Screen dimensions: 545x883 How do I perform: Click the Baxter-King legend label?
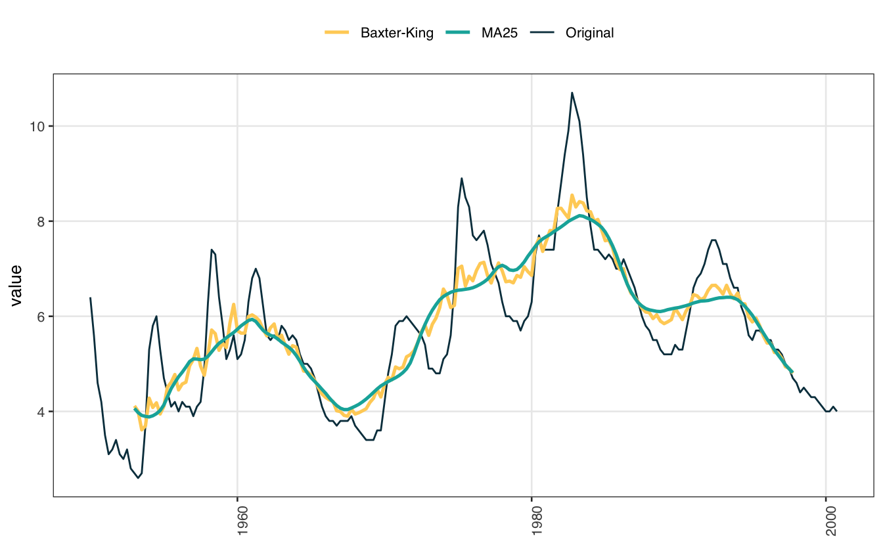coord(397,33)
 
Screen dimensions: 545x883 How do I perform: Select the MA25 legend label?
coord(499,33)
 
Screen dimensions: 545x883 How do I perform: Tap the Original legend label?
coord(589,33)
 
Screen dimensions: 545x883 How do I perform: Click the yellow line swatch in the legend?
coord(338,33)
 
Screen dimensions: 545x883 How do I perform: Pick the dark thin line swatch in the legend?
coord(545,33)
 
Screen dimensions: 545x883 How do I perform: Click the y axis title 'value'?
coord(16,286)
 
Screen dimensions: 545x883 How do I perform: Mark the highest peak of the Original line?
coord(572,93)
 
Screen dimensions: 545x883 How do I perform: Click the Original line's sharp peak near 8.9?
coord(462,178)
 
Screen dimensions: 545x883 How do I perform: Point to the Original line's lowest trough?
coord(138,478)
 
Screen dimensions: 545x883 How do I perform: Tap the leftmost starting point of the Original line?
coord(90,297)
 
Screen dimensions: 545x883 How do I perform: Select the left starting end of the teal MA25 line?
coord(135,409)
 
